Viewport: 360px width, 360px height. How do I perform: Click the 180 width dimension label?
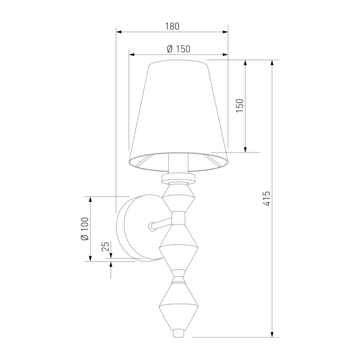[172, 27]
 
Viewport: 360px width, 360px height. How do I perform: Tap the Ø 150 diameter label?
[179, 49]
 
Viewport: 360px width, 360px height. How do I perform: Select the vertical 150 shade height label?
[239, 105]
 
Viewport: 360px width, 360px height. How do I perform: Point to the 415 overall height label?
[266, 198]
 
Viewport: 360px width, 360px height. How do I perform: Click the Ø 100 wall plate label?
[85, 229]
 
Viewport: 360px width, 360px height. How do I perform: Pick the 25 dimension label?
[105, 247]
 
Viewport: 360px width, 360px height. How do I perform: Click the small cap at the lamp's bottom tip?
[179, 333]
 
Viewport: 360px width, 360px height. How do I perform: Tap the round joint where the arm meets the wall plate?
[152, 226]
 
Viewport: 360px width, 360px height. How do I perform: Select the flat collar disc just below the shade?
[179, 178]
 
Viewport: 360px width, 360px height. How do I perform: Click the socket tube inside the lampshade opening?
[178, 162]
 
